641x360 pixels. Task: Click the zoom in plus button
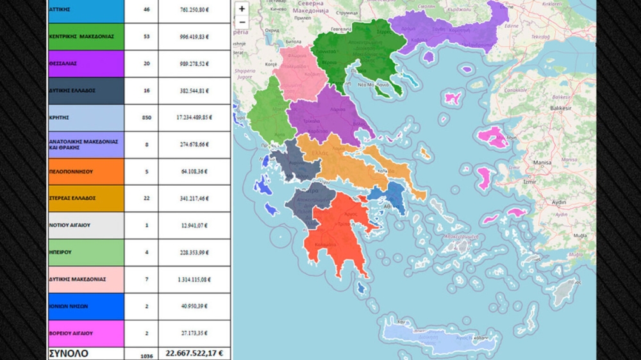coord(242,9)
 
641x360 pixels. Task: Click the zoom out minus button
coord(242,22)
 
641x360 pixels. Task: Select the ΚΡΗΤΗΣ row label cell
coord(86,118)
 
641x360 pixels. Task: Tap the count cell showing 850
coord(146,118)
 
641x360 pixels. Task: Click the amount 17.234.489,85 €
coord(194,118)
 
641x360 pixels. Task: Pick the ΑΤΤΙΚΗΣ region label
coord(86,10)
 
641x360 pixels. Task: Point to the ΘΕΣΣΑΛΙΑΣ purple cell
coord(86,64)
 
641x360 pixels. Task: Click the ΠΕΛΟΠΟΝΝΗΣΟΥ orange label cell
coord(86,172)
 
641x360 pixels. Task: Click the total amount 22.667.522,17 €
coord(194,353)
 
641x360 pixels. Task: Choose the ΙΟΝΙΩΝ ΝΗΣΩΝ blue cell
coord(86,306)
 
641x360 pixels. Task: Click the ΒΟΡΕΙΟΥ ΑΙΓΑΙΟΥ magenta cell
coord(86,333)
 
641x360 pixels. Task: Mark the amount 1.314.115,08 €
coord(194,279)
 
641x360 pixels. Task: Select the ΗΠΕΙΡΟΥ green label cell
coord(86,252)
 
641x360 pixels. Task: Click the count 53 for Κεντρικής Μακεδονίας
coord(146,37)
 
